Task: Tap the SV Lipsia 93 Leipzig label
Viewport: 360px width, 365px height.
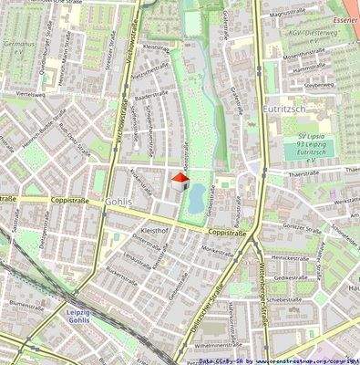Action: pos(317,151)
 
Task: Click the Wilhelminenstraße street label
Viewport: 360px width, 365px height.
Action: pos(215,347)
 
